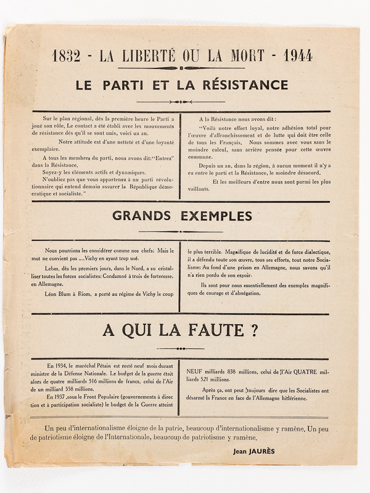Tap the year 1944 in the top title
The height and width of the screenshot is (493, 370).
(x=298, y=55)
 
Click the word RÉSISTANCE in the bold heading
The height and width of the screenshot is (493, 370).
(x=240, y=85)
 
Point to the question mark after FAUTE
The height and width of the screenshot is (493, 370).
(x=254, y=331)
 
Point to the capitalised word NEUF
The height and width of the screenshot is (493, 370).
(x=195, y=372)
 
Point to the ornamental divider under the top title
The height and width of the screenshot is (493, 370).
(x=183, y=68)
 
